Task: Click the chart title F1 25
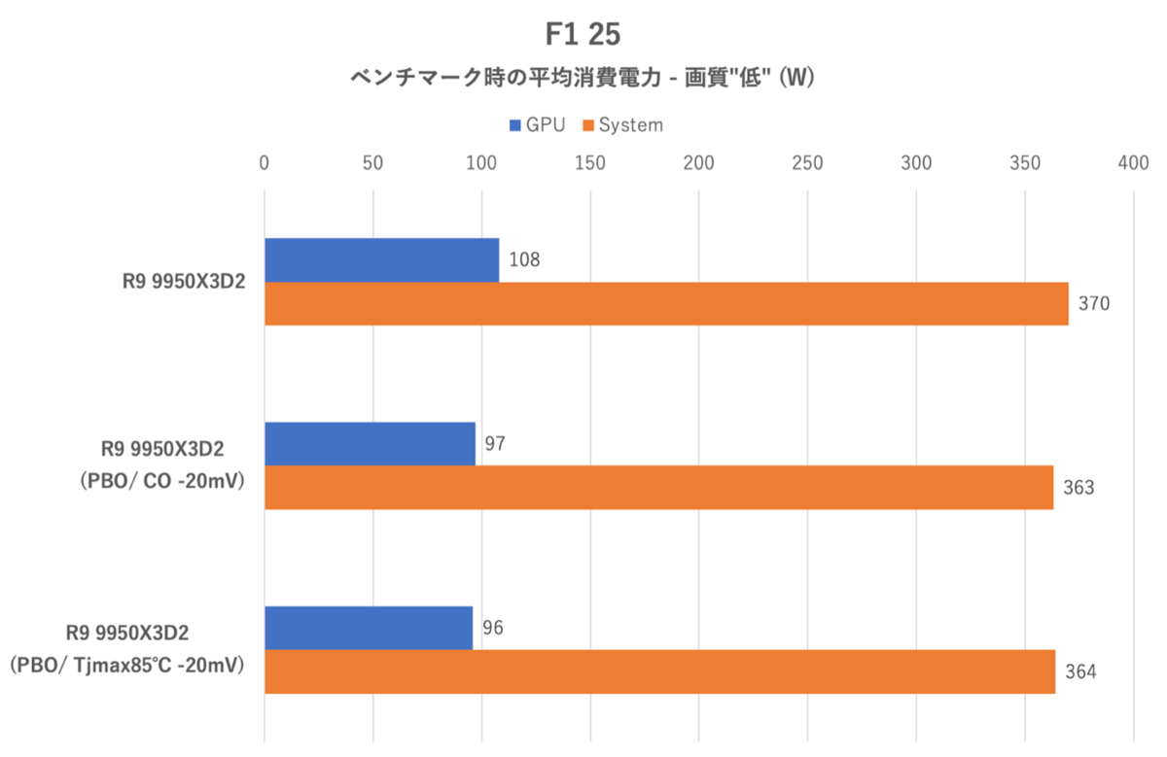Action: pyautogui.click(x=583, y=34)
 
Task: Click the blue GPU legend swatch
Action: pyautogui.click(x=514, y=125)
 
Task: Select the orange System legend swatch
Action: pyautogui.click(x=588, y=125)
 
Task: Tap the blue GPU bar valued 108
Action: pyautogui.click(x=382, y=260)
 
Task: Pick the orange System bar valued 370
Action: pyautogui.click(x=667, y=304)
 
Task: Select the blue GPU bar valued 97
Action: pyautogui.click(x=370, y=443)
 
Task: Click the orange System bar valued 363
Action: pyautogui.click(x=659, y=487)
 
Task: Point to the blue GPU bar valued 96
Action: pyautogui.click(x=369, y=628)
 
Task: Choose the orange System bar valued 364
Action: pyautogui.click(x=660, y=671)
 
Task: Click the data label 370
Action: pyautogui.click(x=1094, y=303)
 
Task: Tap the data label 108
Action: pyautogui.click(x=524, y=259)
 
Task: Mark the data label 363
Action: pyautogui.click(x=1079, y=487)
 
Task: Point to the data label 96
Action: pyautogui.click(x=493, y=628)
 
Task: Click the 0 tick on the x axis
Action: pyautogui.click(x=265, y=163)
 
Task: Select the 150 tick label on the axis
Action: pyautogui.click(x=589, y=163)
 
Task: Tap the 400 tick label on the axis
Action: pyautogui.click(x=1133, y=163)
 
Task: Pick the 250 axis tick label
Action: pyautogui.click(x=807, y=163)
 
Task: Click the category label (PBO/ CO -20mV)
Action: pyautogui.click(x=162, y=481)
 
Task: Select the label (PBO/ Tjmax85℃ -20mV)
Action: pyautogui.click(x=127, y=666)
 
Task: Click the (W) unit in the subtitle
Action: pyautogui.click(x=796, y=78)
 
